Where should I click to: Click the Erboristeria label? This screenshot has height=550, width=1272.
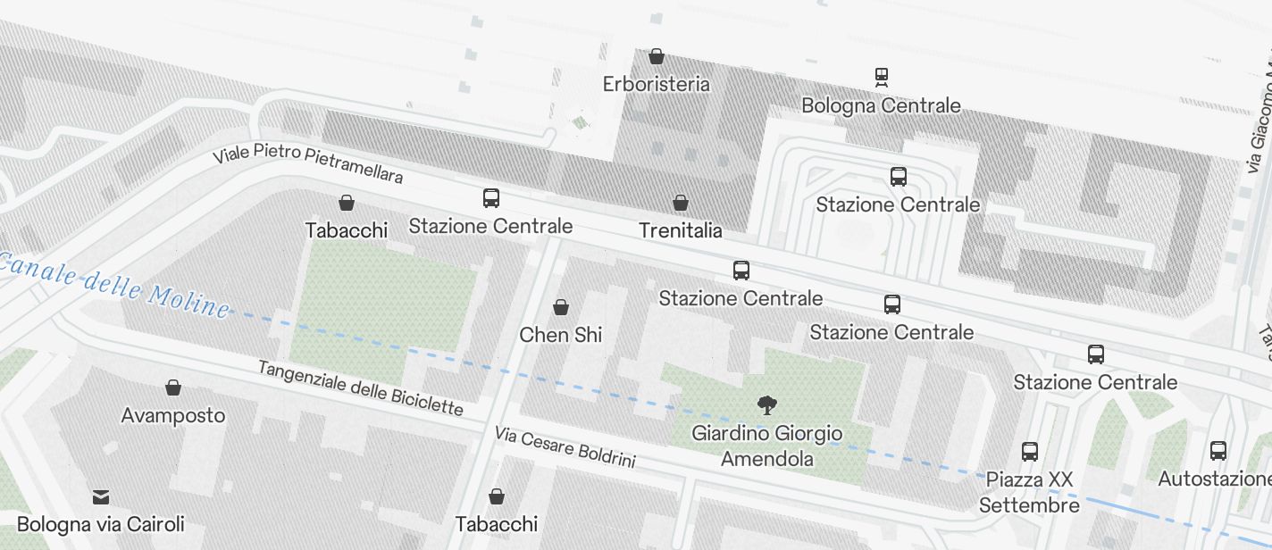(657, 84)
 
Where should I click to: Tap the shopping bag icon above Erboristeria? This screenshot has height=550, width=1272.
(657, 56)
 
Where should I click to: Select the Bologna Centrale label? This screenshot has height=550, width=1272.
(881, 105)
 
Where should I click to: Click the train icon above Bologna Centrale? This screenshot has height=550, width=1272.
(882, 77)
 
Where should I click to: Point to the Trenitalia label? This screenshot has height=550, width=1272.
(681, 230)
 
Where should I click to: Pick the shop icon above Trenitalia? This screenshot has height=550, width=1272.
(681, 203)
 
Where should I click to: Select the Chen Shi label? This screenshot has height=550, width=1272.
(561, 335)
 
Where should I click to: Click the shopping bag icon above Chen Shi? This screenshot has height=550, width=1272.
(561, 307)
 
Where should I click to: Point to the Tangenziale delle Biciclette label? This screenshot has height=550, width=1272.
(361, 388)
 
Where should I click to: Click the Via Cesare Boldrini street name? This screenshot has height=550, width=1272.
(565, 446)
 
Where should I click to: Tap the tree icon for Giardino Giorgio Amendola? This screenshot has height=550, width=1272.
(766, 405)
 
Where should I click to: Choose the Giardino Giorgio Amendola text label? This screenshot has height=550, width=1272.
(766, 446)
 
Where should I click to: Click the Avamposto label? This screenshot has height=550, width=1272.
(173, 415)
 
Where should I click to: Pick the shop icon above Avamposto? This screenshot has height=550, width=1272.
(173, 387)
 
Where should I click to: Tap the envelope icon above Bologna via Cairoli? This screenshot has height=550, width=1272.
(101, 496)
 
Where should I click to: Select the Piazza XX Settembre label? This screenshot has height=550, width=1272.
(1029, 492)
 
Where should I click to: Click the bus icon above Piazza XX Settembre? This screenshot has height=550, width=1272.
(1030, 452)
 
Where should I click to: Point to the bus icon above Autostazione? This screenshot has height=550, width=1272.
(1218, 451)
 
